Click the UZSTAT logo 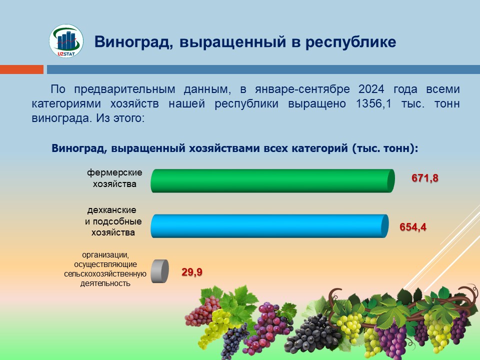[66, 41]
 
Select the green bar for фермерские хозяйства [273, 180]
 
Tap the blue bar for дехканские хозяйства [269, 226]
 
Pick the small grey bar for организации [160, 271]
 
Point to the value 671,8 [425, 178]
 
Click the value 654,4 [413, 227]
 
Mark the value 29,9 [192, 272]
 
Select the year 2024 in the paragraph [371, 89]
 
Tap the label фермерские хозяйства [114, 178]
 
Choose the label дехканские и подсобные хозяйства [113, 221]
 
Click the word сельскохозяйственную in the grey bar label [105, 274]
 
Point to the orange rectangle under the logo [21, 69]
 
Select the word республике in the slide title [351, 42]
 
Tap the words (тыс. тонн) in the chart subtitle [385, 148]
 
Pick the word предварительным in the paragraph [124, 89]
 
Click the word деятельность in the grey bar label [105, 283]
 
